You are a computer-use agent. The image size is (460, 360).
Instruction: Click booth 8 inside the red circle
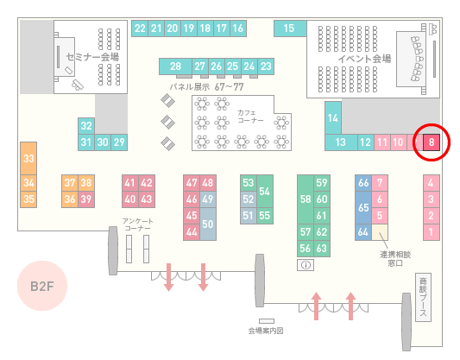click(x=432, y=142)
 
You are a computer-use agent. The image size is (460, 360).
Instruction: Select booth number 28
click(x=175, y=66)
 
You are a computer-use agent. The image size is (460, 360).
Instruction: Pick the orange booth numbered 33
click(x=28, y=159)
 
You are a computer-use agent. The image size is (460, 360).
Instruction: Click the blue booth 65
click(x=363, y=207)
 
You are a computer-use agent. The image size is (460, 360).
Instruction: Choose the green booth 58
click(x=306, y=199)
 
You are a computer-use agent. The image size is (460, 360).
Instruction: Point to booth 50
click(x=208, y=224)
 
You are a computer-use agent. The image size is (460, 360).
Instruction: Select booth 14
click(x=333, y=118)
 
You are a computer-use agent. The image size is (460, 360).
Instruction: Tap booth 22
click(x=140, y=28)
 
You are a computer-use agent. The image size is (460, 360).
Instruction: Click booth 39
click(x=86, y=199)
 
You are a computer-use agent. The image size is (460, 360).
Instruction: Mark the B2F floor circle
click(x=42, y=286)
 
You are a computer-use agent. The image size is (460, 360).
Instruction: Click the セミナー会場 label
click(x=92, y=57)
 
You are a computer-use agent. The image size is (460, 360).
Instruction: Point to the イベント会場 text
click(x=365, y=59)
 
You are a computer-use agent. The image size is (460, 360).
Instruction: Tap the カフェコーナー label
click(x=250, y=117)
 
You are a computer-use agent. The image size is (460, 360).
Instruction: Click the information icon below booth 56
click(x=306, y=265)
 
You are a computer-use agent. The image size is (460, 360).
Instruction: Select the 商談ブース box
click(x=423, y=297)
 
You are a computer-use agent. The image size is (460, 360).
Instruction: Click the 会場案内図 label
click(x=266, y=331)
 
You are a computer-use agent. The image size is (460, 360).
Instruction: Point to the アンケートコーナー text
click(x=137, y=224)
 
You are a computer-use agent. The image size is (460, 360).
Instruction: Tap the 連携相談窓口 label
click(x=395, y=258)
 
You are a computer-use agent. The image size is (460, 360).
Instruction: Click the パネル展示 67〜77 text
click(x=206, y=87)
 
